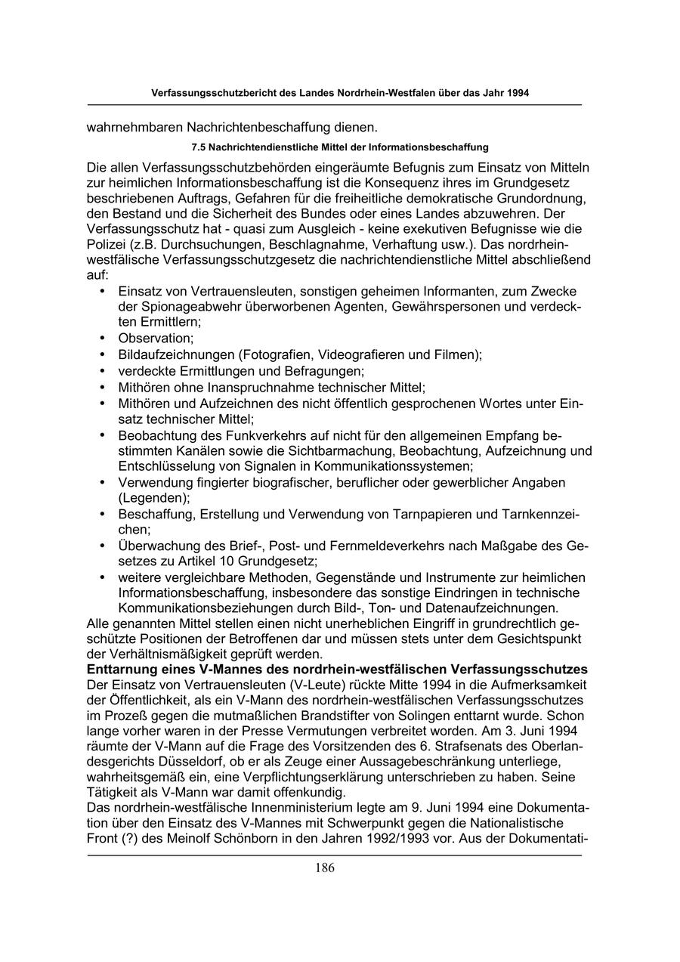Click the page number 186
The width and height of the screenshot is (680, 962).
[325, 868]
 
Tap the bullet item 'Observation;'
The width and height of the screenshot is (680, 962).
[156, 338]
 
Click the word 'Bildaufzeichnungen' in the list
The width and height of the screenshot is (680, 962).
[176, 354]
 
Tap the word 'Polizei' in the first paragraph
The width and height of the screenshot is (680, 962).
[107, 246]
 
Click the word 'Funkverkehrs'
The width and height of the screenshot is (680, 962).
[244, 436]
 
